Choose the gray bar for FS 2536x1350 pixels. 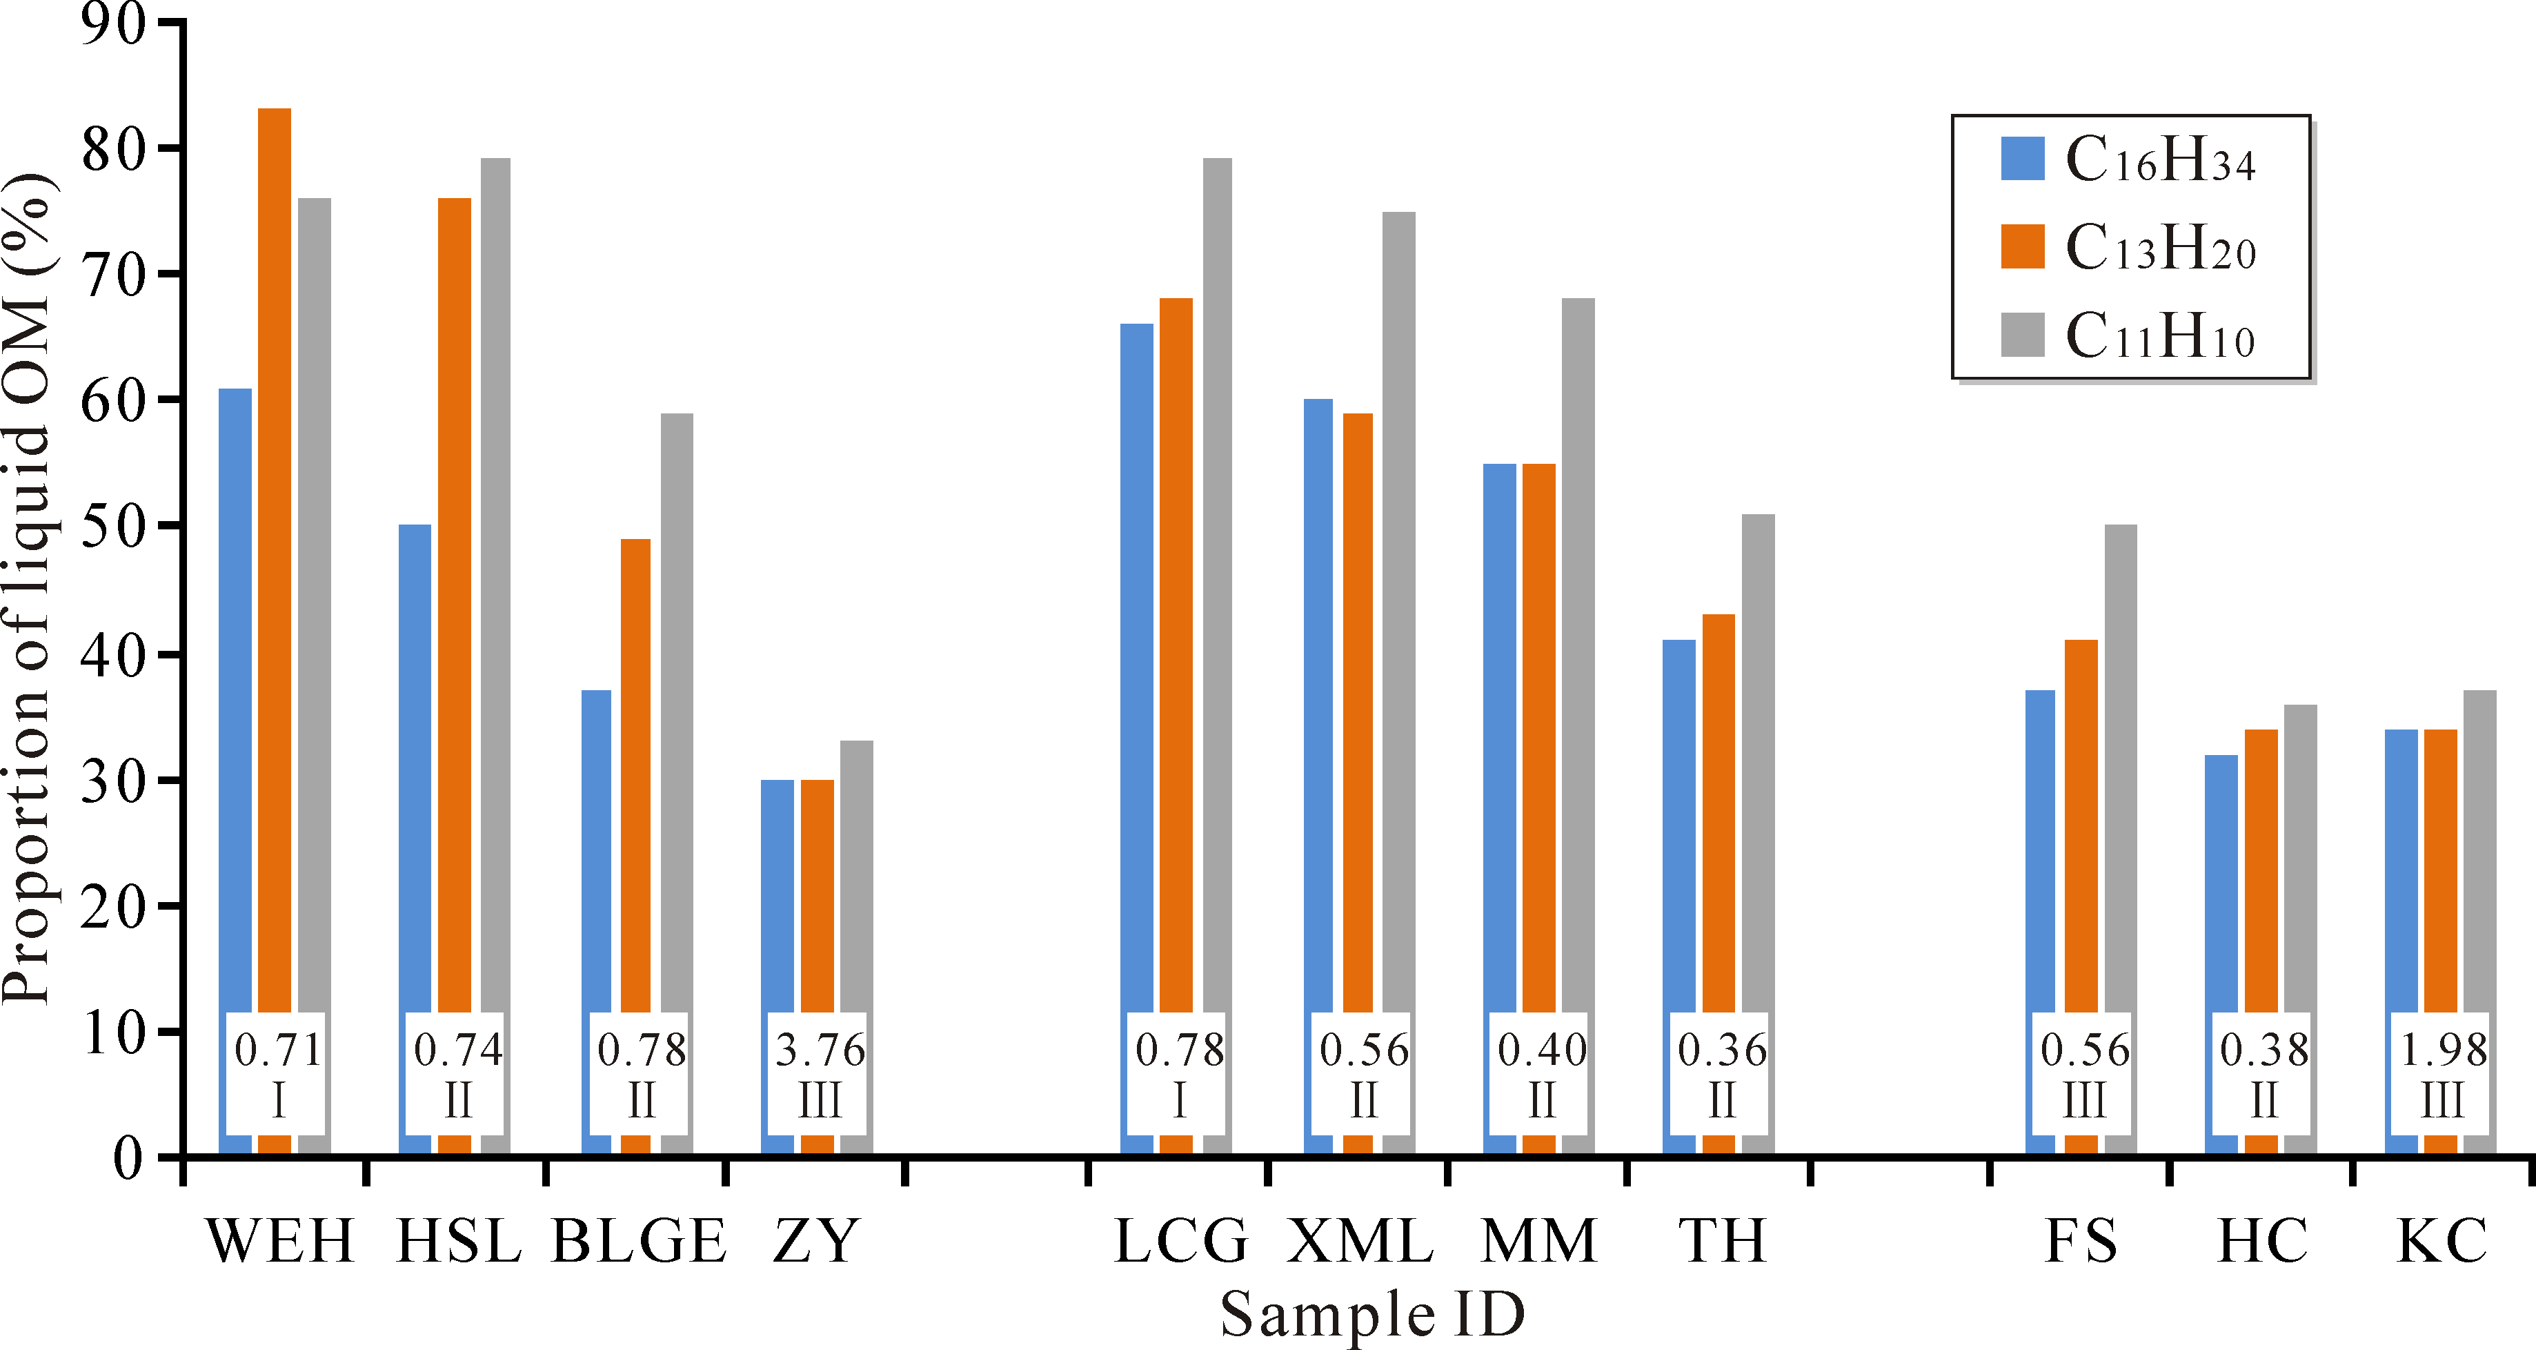pyautogui.click(x=2121, y=768)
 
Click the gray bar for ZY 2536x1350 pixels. pyautogui.click(x=857, y=877)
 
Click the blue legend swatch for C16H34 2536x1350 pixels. pyautogui.click(x=2023, y=159)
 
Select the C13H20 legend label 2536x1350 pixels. pyautogui.click(x=2160, y=247)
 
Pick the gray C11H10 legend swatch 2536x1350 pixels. pyautogui.click(x=2023, y=335)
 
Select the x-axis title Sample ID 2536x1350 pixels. pyautogui.click(x=1372, y=1315)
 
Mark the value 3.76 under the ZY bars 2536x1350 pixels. pyautogui.click(x=819, y=1050)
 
